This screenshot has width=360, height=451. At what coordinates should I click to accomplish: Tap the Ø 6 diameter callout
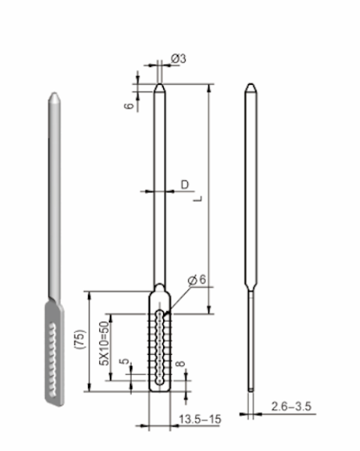pyautogui.click(x=197, y=280)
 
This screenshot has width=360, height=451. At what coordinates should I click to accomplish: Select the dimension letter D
pyautogui.click(x=184, y=183)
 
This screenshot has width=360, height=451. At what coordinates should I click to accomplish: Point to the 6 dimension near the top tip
pyautogui.click(x=129, y=106)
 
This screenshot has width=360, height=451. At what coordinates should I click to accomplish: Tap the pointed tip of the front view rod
pyautogui.click(x=159, y=86)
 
